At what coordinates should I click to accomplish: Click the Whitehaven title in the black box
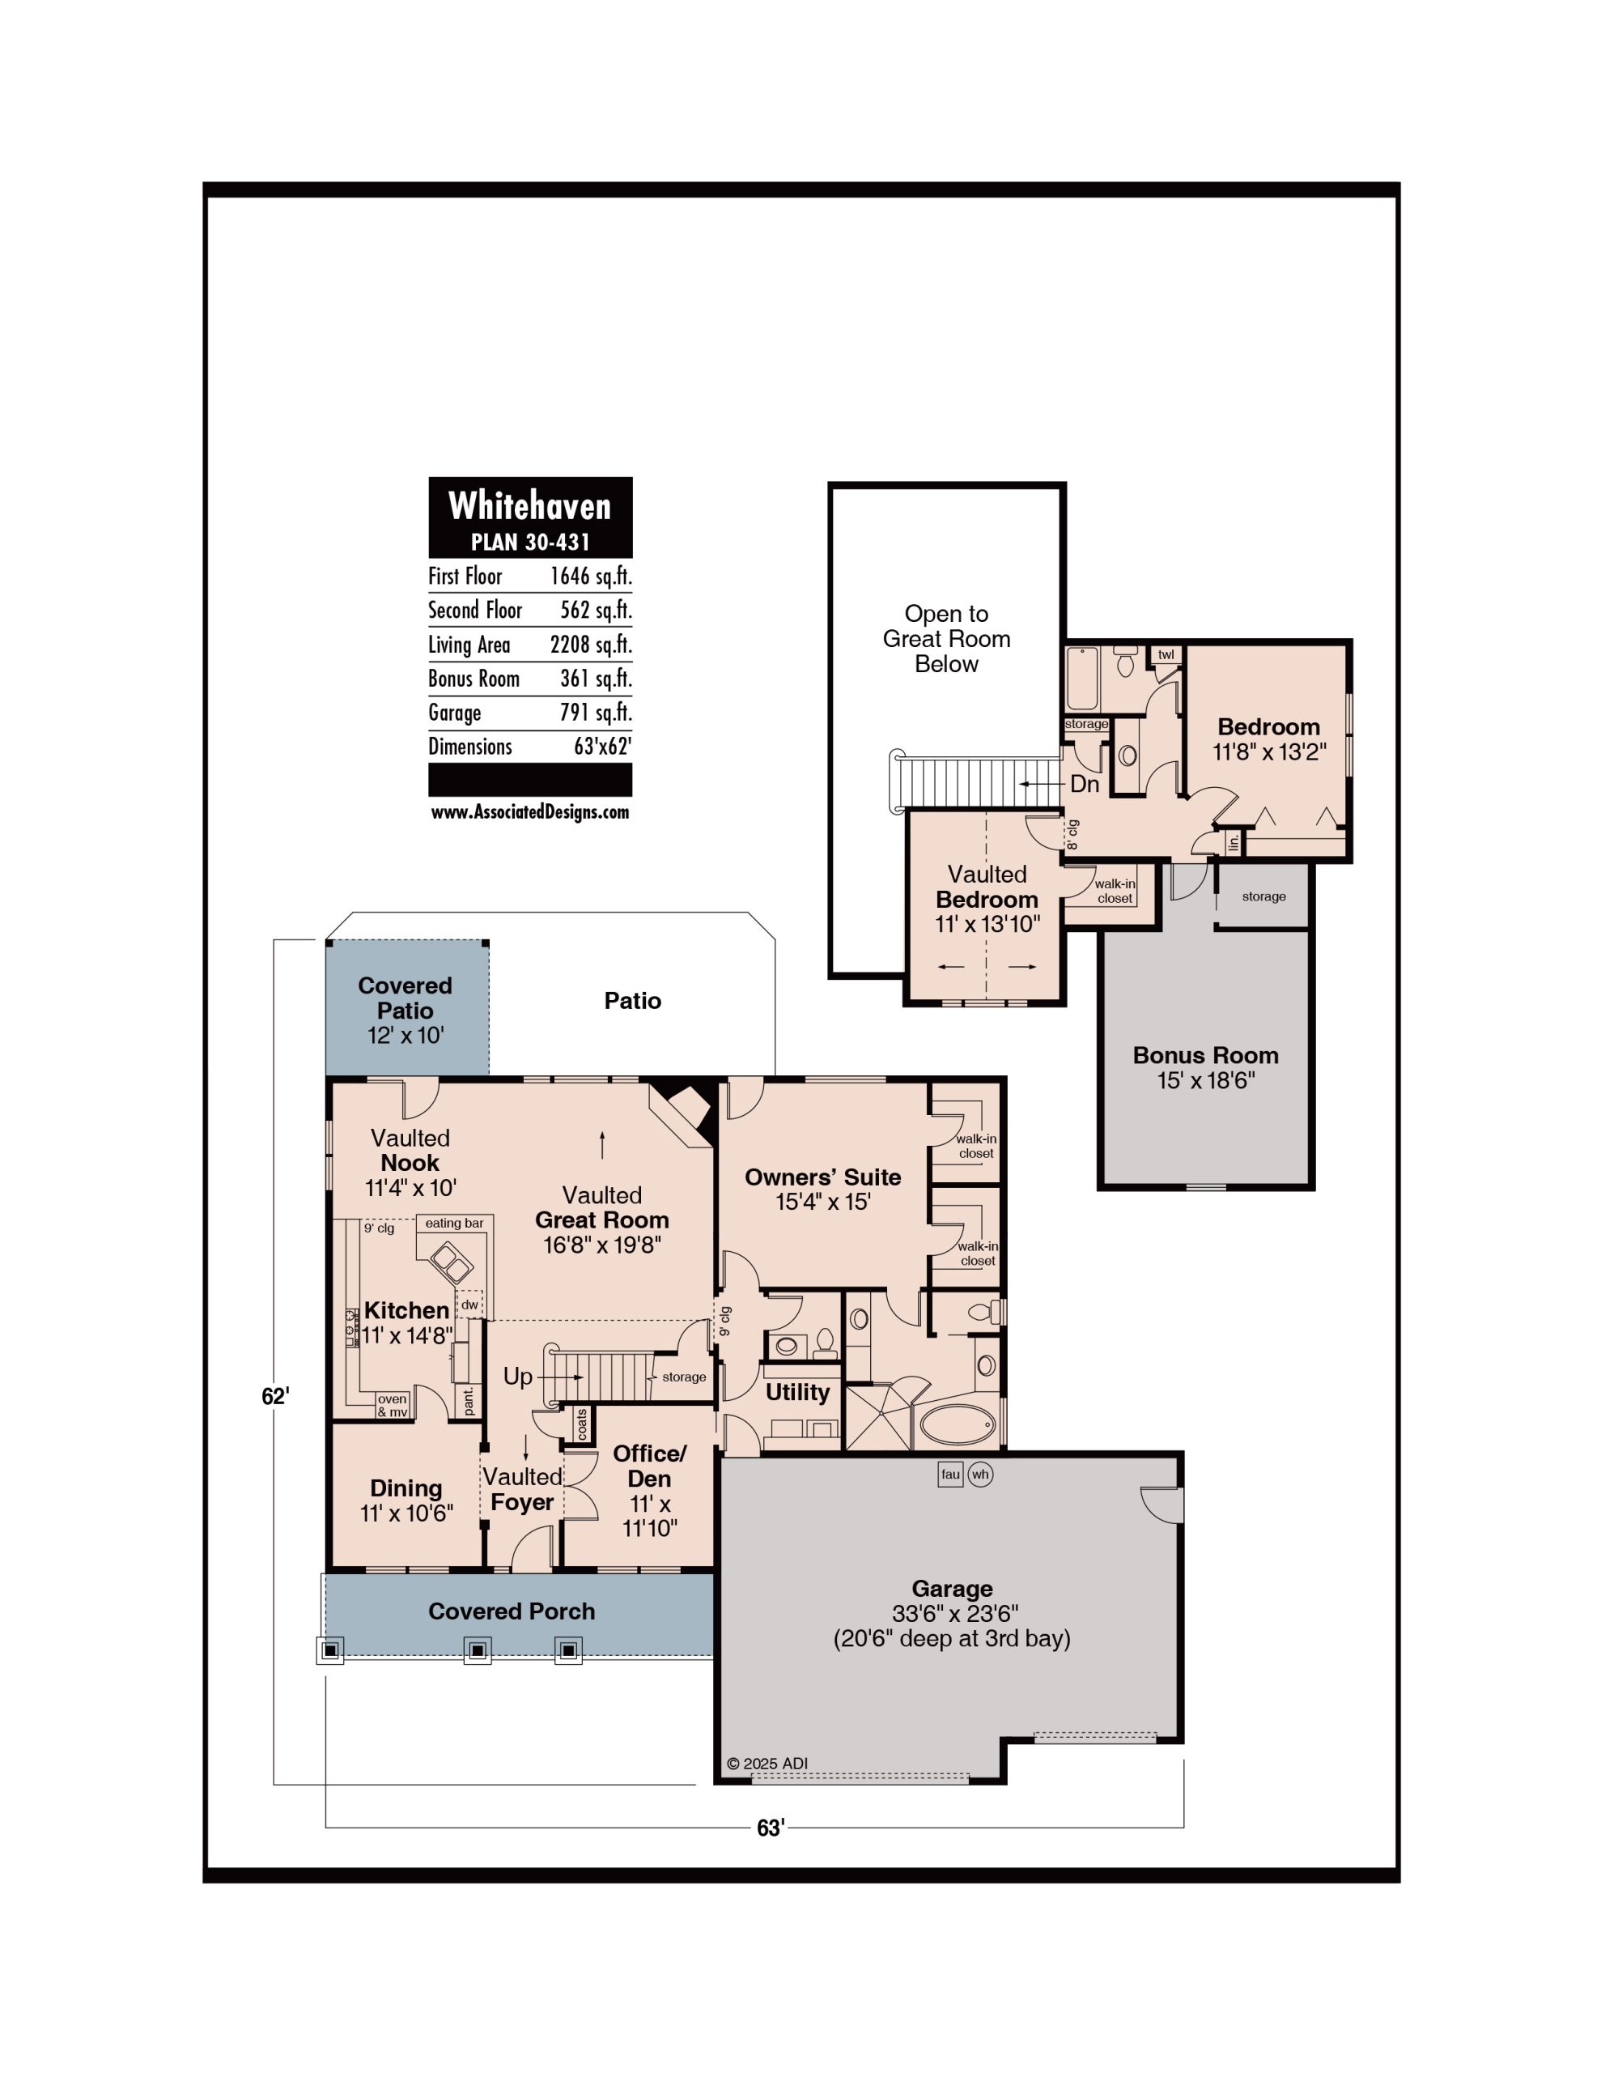tap(529, 505)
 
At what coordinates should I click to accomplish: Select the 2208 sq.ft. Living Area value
tap(590, 645)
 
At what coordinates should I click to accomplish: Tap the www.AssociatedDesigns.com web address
tap(529, 811)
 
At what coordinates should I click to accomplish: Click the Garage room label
tap(952, 1588)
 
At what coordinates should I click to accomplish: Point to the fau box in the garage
tap(950, 1474)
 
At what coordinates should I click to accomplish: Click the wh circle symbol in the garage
tap(980, 1474)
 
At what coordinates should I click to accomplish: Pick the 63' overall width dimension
tap(771, 1827)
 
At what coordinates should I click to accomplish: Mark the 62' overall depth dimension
tap(275, 1396)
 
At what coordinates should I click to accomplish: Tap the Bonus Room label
tap(1205, 1054)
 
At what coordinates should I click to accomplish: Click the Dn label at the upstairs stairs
tap(1085, 784)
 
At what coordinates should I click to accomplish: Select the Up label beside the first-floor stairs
tap(517, 1377)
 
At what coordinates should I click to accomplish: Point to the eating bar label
tap(453, 1224)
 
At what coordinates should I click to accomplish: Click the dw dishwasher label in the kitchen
tap(469, 1305)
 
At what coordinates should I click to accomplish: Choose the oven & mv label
tap(392, 1406)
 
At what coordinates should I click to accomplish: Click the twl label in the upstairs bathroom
tap(1166, 654)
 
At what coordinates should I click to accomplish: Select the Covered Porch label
tap(512, 1611)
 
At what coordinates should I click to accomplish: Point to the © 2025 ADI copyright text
tap(767, 1764)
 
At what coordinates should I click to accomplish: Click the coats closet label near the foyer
tap(582, 1424)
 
